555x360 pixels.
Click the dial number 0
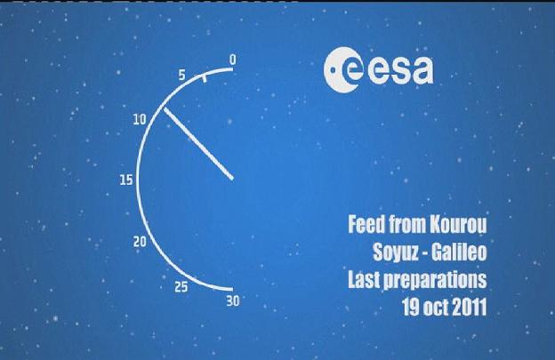click(232, 60)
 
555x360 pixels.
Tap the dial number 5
click(181, 75)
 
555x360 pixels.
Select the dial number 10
click(140, 119)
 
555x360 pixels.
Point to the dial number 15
click(126, 180)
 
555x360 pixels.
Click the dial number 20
click(140, 242)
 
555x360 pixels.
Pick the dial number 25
click(181, 287)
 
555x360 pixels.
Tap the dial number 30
click(233, 301)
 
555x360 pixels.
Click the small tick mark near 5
click(204, 78)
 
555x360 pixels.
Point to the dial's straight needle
click(198, 144)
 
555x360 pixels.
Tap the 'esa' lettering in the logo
click(400, 70)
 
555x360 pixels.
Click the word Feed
click(366, 223)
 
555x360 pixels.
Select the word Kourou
click(458, 224)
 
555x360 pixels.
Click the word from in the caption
click(408, 224)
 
